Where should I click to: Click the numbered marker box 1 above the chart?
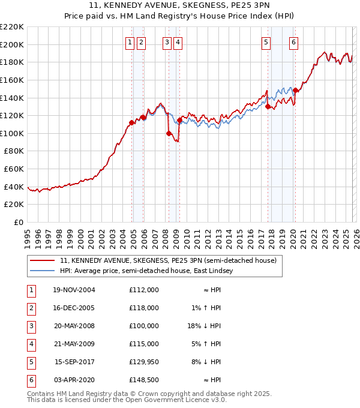click(130, 42)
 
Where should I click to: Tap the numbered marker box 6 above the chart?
click(293, 42)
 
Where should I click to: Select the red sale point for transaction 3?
click(169, 133)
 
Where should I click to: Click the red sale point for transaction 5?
click(268, 107)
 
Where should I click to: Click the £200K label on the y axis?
click(13, 44)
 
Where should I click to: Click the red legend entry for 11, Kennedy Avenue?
click(167, 260)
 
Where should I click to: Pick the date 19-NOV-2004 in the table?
click(74, 290)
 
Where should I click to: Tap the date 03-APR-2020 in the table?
click(74, 380)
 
